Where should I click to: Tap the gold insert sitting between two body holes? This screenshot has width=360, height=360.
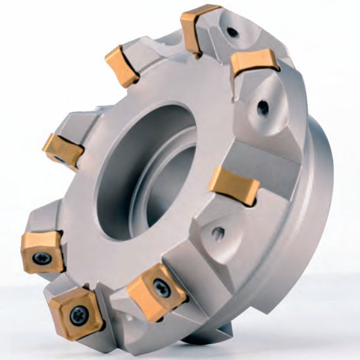click(253, 65)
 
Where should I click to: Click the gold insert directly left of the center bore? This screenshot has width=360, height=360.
click(63, 149)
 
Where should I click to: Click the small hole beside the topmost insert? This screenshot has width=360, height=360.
click(232, 30)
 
